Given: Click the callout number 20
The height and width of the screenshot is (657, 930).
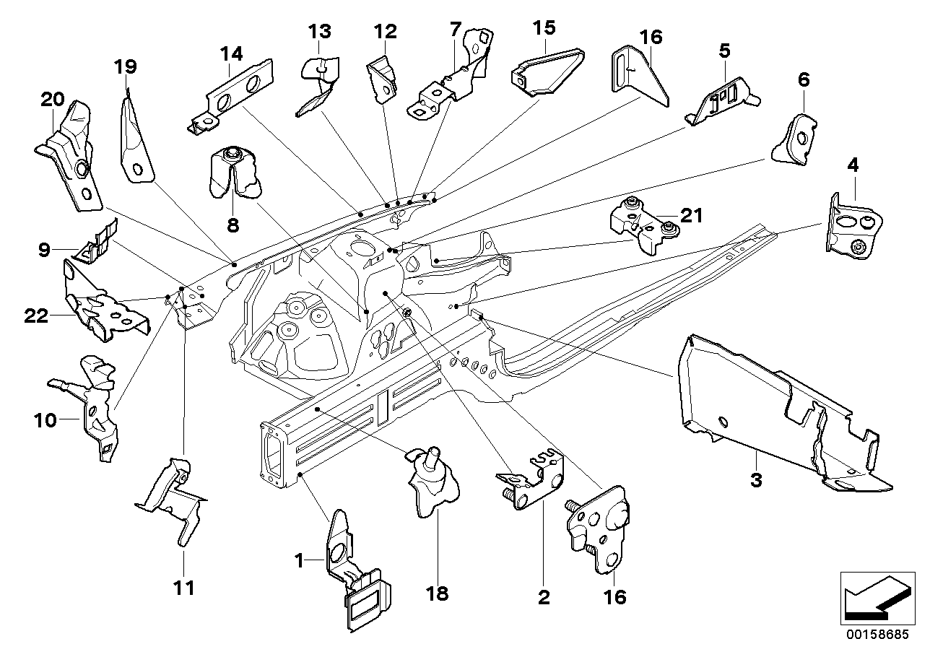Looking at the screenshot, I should pyautogui.click(x=52, y=101).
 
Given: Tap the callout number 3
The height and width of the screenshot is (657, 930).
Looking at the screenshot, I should pyautogui.click(x=756, y=480).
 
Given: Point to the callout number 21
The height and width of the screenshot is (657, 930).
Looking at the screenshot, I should pyautogui.click(x=691, y=214).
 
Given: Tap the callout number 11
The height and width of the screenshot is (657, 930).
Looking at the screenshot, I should pyautogui.click(x=184, y=588).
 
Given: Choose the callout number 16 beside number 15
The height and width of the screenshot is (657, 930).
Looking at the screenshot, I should pyautogui.click(x=651, y=38).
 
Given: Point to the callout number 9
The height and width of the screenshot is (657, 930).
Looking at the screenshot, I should pyautogui.click(x=45, y=251).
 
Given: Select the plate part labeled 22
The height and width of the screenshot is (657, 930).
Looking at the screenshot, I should pyautogui.click(x=101, y=303).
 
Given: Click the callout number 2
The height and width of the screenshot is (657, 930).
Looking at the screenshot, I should pyautogui.click(x=544, y=597).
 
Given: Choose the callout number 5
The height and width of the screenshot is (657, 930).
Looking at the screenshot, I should pyautogui.click(x=724, y=51).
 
